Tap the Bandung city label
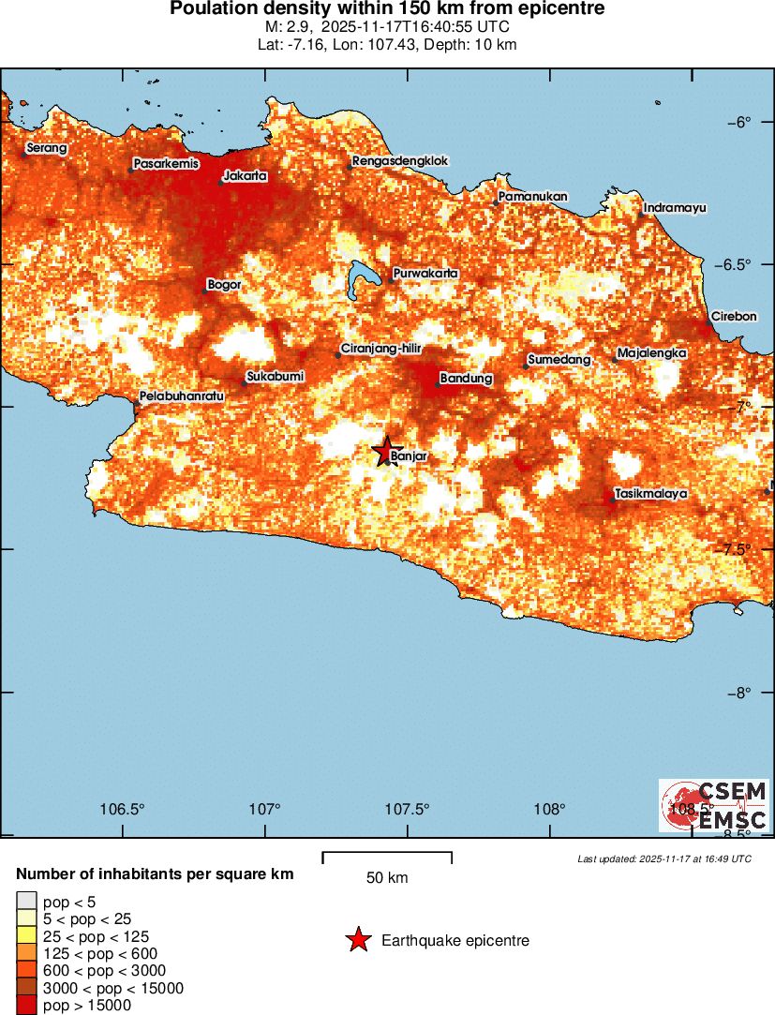(466, 379)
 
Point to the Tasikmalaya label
(651, 493)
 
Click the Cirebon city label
(733, 317)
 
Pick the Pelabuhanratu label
(183, 396)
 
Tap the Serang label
(47, 148)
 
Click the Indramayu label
(675, 207)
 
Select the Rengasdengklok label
(400, 161)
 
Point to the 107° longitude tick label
(266, 809)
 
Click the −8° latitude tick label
(741, 693)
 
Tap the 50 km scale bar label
(386, 878)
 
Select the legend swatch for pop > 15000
(26, 1006)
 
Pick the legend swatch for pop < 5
(26, 902)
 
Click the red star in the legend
(357, 940)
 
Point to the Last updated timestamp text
(664, 858)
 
